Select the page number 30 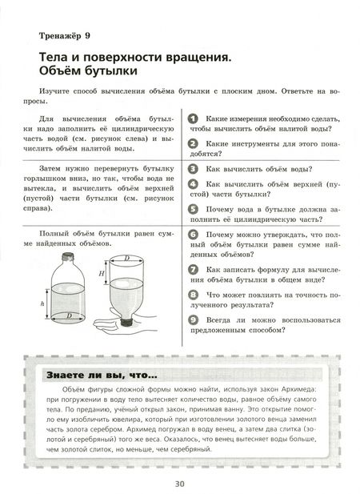180,482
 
